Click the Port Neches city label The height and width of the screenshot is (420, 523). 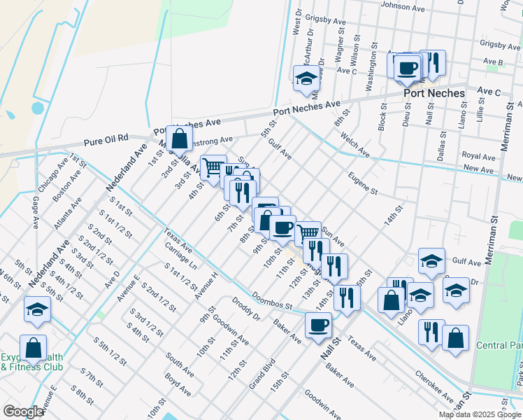pos(434,93)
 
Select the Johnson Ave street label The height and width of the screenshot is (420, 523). pos(402,8)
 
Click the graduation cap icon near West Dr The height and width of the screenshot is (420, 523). pos(305,78)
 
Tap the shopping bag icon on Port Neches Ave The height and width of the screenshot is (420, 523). pos(179,137)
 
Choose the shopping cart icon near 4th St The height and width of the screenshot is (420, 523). pos(213,167)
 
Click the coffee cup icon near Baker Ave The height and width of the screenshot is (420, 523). pos(319,325)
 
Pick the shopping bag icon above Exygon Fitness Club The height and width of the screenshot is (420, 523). pos(33,346)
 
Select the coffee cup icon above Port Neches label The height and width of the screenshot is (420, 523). pos(407,67)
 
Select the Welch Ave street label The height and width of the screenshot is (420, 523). pos(355,143)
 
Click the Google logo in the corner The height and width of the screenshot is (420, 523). pos(22,412)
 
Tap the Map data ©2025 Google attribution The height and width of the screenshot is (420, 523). pos(480,414)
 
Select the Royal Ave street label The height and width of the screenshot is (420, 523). pos(478,156)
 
